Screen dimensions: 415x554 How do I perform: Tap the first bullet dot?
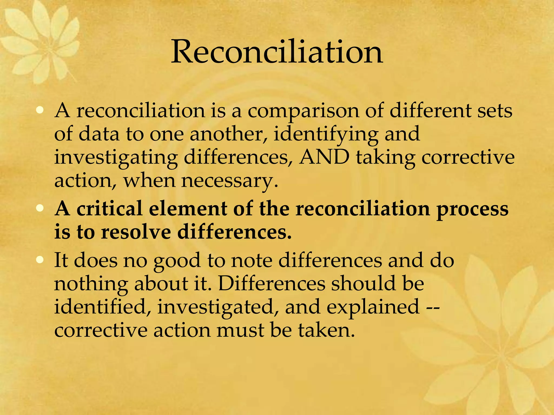tap(40, 110)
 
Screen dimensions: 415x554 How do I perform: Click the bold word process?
tap(472, 210)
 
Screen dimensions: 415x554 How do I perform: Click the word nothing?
tap(91, 284)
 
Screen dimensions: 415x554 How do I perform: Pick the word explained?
tap(373, 307)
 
